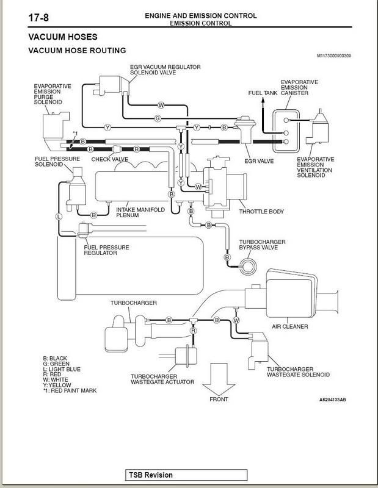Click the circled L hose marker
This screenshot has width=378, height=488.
coord(59,216)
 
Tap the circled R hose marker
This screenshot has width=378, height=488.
coord(193,330)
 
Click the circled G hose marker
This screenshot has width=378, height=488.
coord(158,118)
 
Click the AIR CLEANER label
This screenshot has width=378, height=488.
coord(291,326)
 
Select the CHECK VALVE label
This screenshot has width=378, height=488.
coord(109,159)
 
